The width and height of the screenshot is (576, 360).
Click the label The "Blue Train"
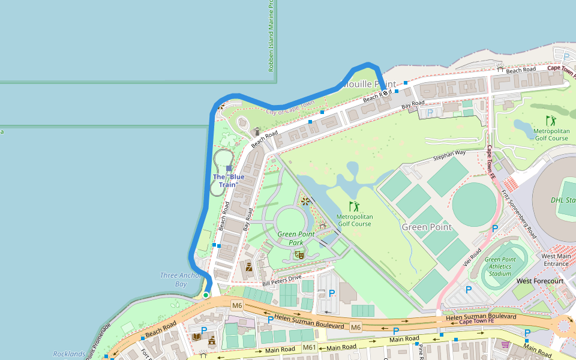coord(229,181)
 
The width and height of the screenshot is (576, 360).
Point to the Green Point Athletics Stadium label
coord(500,266)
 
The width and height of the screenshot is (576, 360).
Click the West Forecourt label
coord(540,281)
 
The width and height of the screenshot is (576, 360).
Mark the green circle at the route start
coord(206,295)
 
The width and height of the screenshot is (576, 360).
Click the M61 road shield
coord(309,347)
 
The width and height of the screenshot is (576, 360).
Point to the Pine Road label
coord(422,351)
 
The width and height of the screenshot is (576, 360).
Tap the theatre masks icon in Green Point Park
coord(298,255)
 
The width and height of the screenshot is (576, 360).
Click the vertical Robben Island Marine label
coord(271,36)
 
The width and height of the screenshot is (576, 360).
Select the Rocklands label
coord(69,354)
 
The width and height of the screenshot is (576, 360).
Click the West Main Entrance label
coord(556,260)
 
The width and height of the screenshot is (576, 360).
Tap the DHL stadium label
coord(563,200)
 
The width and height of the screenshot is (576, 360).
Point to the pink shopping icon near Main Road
coord(505,345)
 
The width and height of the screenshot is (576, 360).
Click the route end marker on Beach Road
coord(386,92)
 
